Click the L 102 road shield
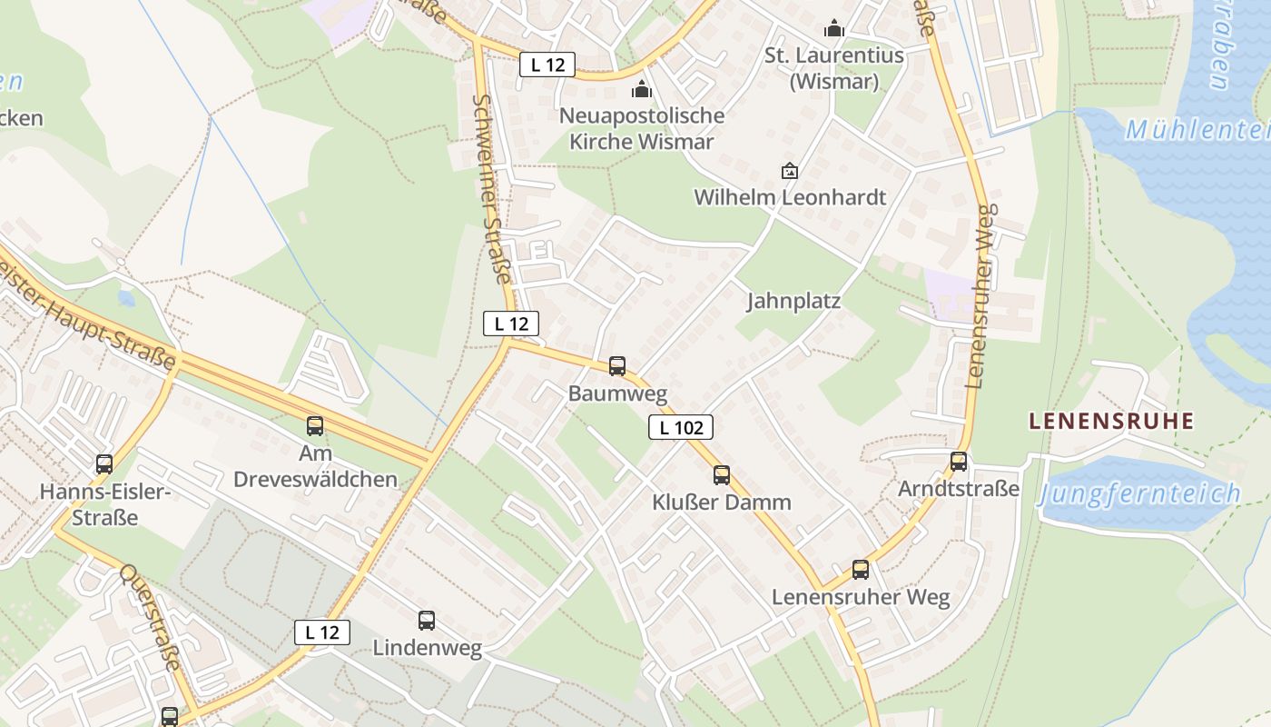click(x=680, y=427)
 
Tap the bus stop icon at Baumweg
click(x=617, y=366)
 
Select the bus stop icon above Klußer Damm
click(x=722, y=474)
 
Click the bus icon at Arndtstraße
click(x=959, y=462)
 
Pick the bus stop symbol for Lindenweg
click(x=427, y=621)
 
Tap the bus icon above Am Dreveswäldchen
click(x=315, y=425)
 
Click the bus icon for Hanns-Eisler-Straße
click(x=104, y=464)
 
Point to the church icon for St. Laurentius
click(x=834, y=29)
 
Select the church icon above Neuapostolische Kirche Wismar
click(x=642, y=89)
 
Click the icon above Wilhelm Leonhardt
click(x=790, y=170)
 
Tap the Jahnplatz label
click(x=793, y=301)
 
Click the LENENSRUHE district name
click(x=1111, y=421)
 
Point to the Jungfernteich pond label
click(x=1140, y=494)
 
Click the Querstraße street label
click(x=151, y=617)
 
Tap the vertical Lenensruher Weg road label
click(x=983, y=295)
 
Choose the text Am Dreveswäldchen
click(x=315, y=466)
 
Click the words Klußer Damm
click(x=722, y=503)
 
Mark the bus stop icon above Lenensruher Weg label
click(x=861, y=570)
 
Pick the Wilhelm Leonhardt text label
click(x=790, y=197)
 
